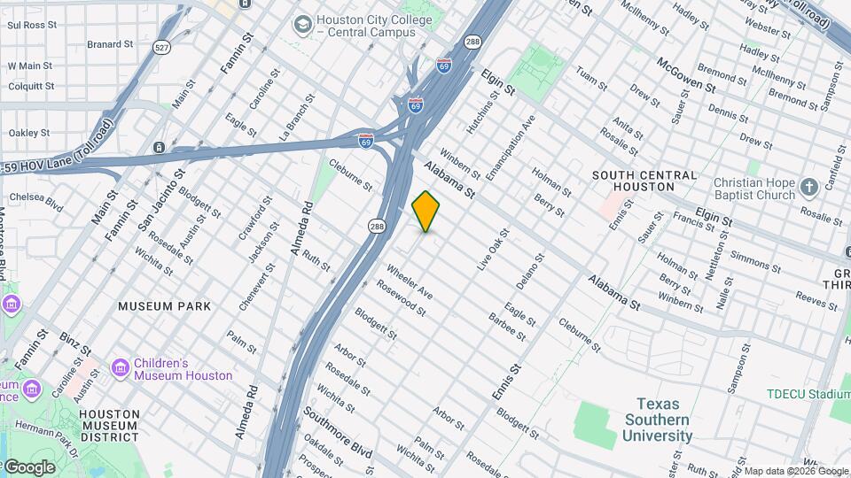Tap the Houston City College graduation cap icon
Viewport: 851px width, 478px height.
point(304,23)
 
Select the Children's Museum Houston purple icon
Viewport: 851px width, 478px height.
point(120,366)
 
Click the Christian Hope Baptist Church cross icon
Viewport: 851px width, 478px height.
point(808,187)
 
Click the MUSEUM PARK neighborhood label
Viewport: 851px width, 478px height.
point(166,306)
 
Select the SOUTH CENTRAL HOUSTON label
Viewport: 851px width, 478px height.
point(644,181)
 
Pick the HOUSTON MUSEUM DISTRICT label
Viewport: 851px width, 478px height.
point(108,425)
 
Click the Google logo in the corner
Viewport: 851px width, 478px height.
point(29,466)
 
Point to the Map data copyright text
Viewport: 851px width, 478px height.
point(795,471)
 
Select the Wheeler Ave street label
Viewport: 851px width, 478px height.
point(409,281)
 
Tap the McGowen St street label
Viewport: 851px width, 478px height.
point(685,74)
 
